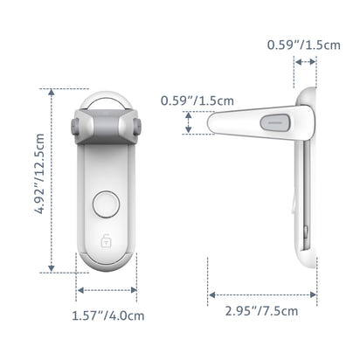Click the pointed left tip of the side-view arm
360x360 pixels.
point(211,124)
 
